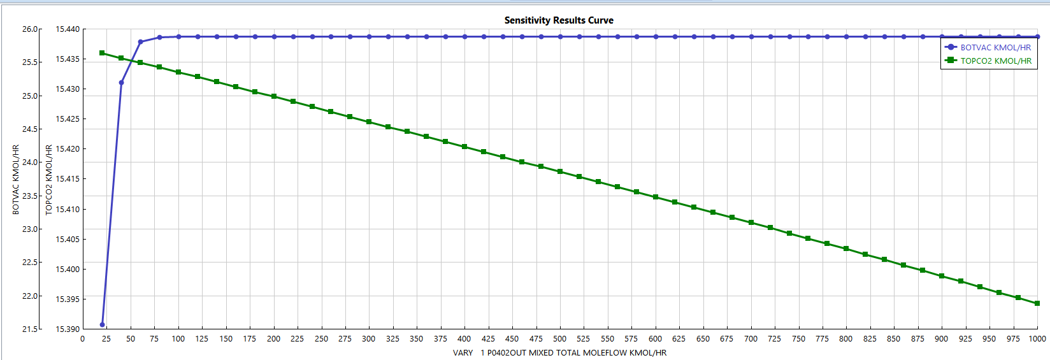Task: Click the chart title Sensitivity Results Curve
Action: point(559,20)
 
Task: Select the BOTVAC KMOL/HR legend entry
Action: point(995,47)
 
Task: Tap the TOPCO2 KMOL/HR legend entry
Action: point(995,61)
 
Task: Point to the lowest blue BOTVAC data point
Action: point(103,325)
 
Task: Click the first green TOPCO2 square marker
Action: point(102,53)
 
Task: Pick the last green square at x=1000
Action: point(1037,303)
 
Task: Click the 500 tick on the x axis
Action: point(559,339)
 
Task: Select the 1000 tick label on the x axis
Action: point(1037,339)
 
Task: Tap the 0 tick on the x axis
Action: point(83,339)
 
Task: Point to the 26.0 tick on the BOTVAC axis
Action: point(30,29)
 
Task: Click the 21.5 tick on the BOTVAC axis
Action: point(30,329)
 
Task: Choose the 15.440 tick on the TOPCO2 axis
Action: point(68,29)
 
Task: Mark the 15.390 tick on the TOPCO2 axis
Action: point(68,329)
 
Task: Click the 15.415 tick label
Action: point(68,179)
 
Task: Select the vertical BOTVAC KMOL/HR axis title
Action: point(16,179)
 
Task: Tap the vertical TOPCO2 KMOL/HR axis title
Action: point(49,179)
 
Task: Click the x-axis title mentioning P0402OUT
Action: point(559,353)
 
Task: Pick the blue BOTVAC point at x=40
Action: point(121,82)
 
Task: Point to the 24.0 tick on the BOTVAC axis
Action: point(30,162)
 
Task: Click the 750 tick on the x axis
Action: point(798,339)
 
